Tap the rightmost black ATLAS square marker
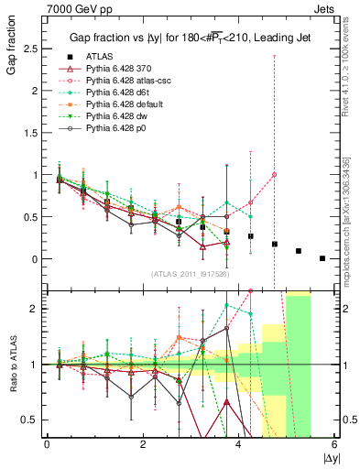coord(322,258)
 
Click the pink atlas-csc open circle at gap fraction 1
coord(275,175)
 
